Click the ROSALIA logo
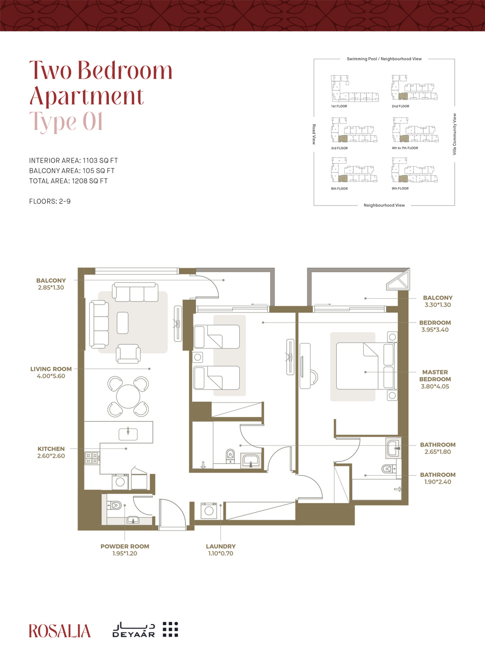(60, 631)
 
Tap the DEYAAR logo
(145, 630)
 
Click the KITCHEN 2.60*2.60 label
(51, 452)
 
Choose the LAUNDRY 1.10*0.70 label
(220, 549)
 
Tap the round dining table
(128, 396)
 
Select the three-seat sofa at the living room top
(135, 292)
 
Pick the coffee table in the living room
(122, 323)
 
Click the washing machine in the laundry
(209, 511)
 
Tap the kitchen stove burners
(92, 458)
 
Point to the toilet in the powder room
(115, 506)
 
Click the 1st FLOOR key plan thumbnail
(354, 90)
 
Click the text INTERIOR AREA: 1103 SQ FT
(73, 160)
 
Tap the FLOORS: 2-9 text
(50, 201)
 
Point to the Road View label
(314, 134)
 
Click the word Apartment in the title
(87, 96)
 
